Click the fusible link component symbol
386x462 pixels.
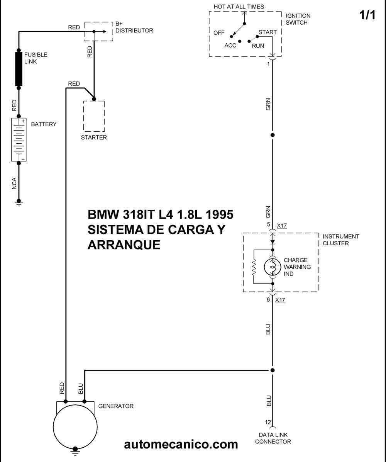point(19,69)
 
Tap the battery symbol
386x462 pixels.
point(19,140)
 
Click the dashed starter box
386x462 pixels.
point(94,116)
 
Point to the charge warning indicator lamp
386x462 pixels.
point(273,267)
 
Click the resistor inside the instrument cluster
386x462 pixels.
point(254,267)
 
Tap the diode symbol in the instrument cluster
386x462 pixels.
point(273,242)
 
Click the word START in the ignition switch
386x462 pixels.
point(267,32)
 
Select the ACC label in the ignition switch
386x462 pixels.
point(230,45)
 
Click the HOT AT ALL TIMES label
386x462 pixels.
point(239,7)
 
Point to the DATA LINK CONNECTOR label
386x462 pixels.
point(273,438)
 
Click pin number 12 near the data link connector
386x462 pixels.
point(267,422)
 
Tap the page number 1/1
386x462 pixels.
point(367,15)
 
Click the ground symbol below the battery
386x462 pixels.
point(19,203)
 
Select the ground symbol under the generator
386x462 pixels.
point(75,451)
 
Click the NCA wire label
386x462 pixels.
point(14,183)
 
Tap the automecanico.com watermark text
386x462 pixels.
point(181,444)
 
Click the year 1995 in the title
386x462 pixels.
point(219,214)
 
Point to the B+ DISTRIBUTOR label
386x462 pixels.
point(134,27)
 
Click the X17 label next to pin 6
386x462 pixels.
point(280,300)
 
